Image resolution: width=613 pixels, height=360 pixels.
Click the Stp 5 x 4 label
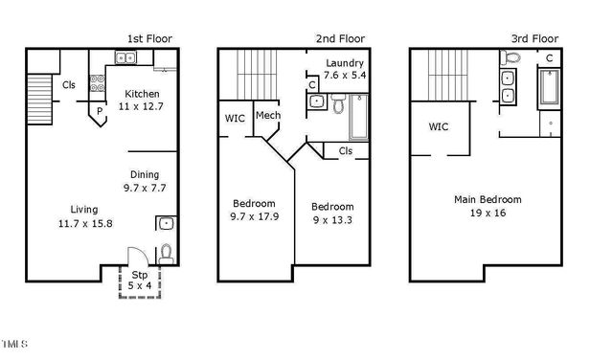pos(140,280)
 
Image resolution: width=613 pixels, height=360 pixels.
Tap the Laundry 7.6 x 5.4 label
pos(345,68)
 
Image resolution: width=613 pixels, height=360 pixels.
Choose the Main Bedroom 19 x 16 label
pos(488,206)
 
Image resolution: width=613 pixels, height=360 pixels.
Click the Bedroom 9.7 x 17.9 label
pos(255,210)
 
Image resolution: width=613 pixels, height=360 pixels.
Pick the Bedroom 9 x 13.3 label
pos(332,213)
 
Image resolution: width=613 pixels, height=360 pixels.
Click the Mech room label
pos(267,116)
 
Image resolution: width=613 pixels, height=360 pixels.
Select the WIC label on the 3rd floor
pos(439,126)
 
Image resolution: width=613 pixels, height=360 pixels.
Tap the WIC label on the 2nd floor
pos(234,120)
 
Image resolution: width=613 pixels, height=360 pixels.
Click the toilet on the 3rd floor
pos(512,59)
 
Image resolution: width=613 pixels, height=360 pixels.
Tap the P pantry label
pos(99,111)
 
